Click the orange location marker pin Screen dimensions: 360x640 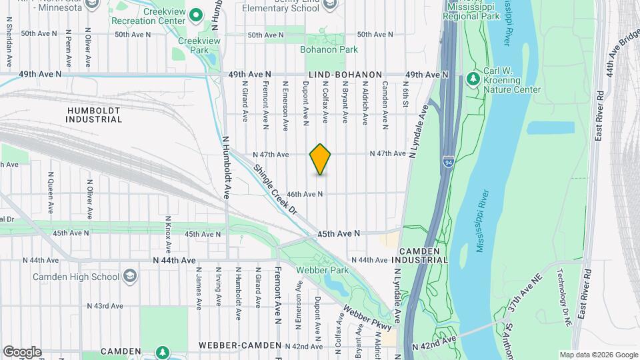[321, 159]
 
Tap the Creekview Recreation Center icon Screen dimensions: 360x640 [196, 14]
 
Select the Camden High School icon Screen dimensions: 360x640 [129, 277]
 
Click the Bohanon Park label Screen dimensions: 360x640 [328, 49]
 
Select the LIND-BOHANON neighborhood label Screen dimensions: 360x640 [344, 75]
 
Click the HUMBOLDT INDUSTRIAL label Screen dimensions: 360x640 [94, 114]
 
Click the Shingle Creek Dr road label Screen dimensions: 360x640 [274, 190]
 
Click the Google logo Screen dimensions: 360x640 [21, 351]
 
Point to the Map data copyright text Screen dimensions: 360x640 [598, 355]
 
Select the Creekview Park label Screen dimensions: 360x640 [190, 45]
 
